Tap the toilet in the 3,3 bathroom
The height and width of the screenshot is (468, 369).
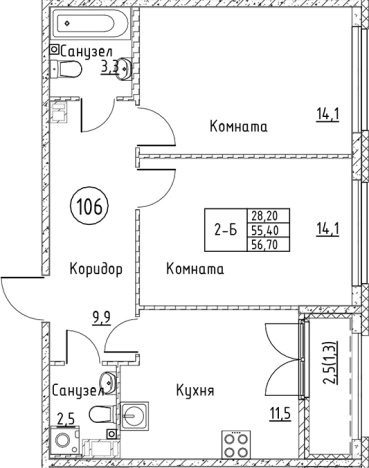71,69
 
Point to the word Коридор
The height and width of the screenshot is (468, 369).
96,270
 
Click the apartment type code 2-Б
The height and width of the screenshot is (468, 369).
225,230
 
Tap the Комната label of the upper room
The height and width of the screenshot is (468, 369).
238,127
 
